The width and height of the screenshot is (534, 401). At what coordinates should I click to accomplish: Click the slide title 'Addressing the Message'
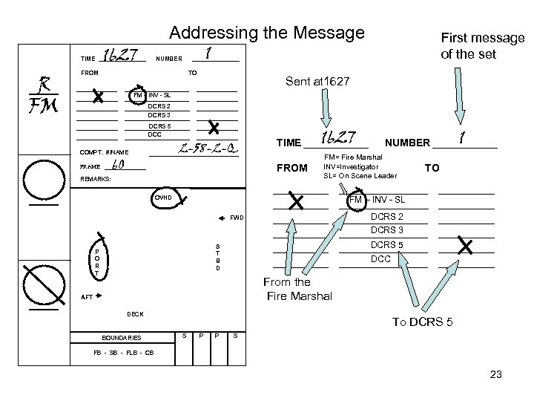coord(267,33)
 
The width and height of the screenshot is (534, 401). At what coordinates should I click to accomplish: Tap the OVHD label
coord(162,198)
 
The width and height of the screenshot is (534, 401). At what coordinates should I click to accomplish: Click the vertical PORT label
coord(96,262)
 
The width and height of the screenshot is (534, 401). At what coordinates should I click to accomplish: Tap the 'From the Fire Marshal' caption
coord(287,289)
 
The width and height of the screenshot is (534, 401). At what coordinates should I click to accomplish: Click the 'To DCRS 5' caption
coord(422,322)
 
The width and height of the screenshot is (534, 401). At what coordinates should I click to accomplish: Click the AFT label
coord(87,297)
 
